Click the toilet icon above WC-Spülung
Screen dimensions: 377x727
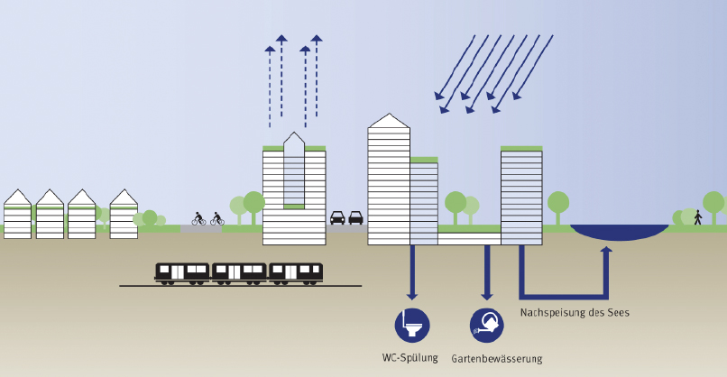coord(412,325)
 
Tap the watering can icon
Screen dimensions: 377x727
coord(487,325)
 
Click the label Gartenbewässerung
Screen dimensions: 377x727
coord(496,359)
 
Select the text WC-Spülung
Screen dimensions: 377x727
coord(410,358)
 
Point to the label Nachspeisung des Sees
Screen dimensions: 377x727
coord(575,313)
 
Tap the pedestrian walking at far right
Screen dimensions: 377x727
coord(697,216)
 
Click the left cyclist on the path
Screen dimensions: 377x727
coord(198,218)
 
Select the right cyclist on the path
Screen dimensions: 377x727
coord(216,218)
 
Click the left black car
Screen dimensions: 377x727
coord(337,217)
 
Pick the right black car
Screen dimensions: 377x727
coord(355,217)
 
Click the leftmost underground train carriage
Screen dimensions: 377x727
coord(182,272)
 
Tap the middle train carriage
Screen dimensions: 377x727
coord(239,272)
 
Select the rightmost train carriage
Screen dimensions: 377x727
coord(296,272)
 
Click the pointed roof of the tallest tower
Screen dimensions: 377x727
coord(389,121)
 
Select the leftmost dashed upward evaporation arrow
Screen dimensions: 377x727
coord(269,86)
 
